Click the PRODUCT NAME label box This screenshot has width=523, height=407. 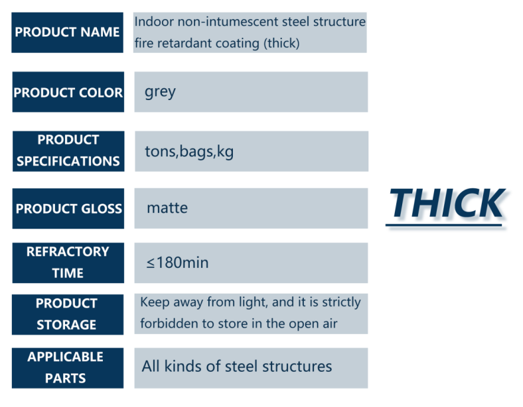68,32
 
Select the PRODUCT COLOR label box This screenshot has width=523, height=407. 68,92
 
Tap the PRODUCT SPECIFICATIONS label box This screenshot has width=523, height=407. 68,151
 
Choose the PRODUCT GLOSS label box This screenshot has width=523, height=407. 68,209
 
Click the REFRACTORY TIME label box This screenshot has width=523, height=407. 68,262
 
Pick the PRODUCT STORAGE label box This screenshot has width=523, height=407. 68,314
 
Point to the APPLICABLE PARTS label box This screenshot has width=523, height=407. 68,368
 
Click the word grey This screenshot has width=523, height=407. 160,92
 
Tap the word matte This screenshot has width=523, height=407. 167,208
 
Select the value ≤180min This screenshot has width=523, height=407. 177,262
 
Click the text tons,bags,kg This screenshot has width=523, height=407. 189,152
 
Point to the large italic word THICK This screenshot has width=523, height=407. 447,203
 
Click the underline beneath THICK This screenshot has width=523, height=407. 443,225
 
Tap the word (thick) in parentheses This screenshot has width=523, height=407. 282,43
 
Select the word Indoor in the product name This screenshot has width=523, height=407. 154,22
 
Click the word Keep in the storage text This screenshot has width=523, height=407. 155,302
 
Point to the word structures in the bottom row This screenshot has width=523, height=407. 297,367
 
